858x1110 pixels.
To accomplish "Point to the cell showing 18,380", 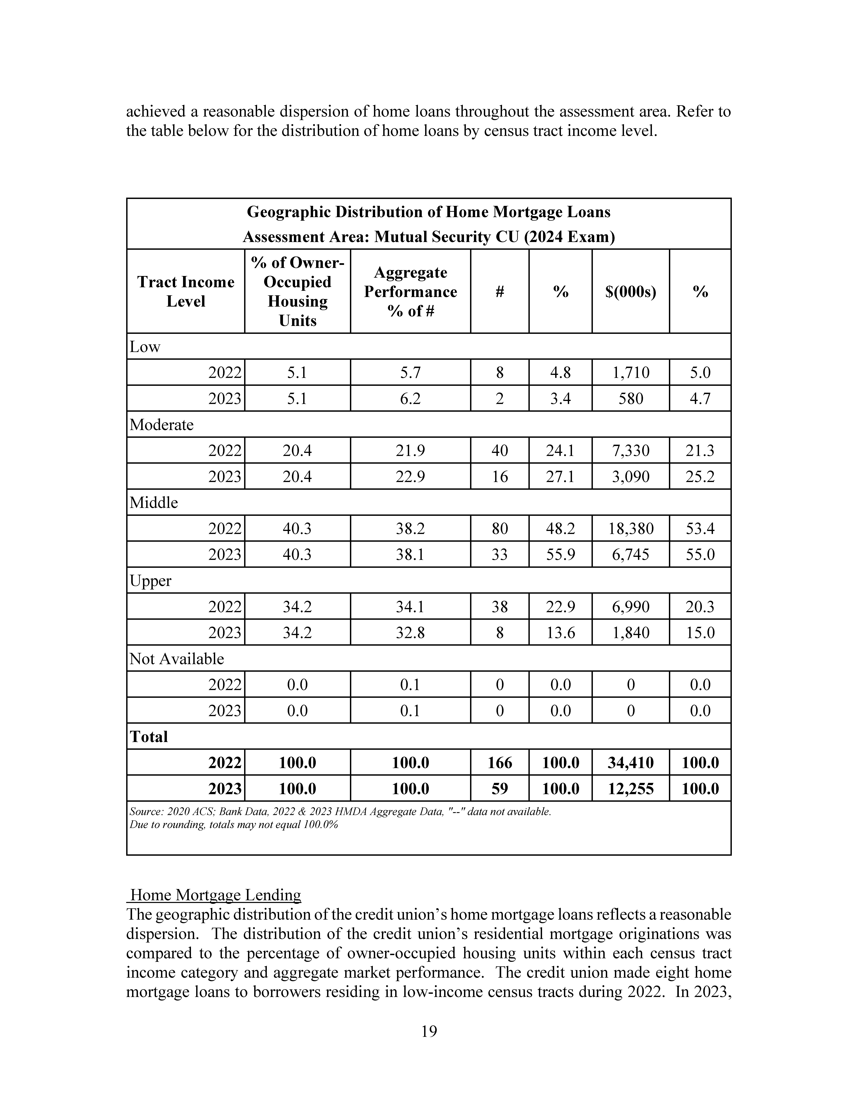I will (631, 529).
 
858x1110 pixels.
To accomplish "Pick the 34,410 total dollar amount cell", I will (631, 762).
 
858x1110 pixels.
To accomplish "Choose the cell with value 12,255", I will (631, 788).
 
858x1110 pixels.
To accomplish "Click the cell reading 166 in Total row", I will (500, 762).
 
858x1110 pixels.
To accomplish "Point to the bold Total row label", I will (149, 736).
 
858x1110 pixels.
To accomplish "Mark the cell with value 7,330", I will (631, 450).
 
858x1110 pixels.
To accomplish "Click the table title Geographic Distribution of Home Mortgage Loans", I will (428, 212).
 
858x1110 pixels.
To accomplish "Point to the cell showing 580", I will (631, 398).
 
